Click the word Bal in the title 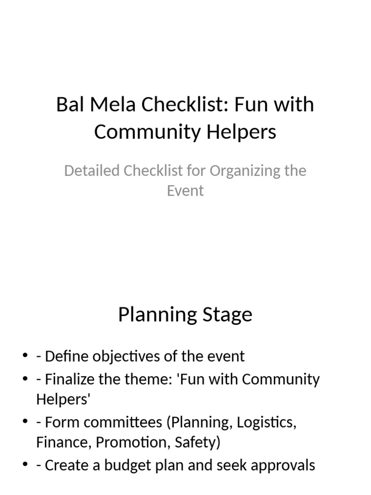coord(68,104)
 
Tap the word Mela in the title coord(105,104)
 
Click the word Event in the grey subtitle coord(185,190)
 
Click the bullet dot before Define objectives coord(25,357)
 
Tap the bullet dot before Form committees coord(25,422)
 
